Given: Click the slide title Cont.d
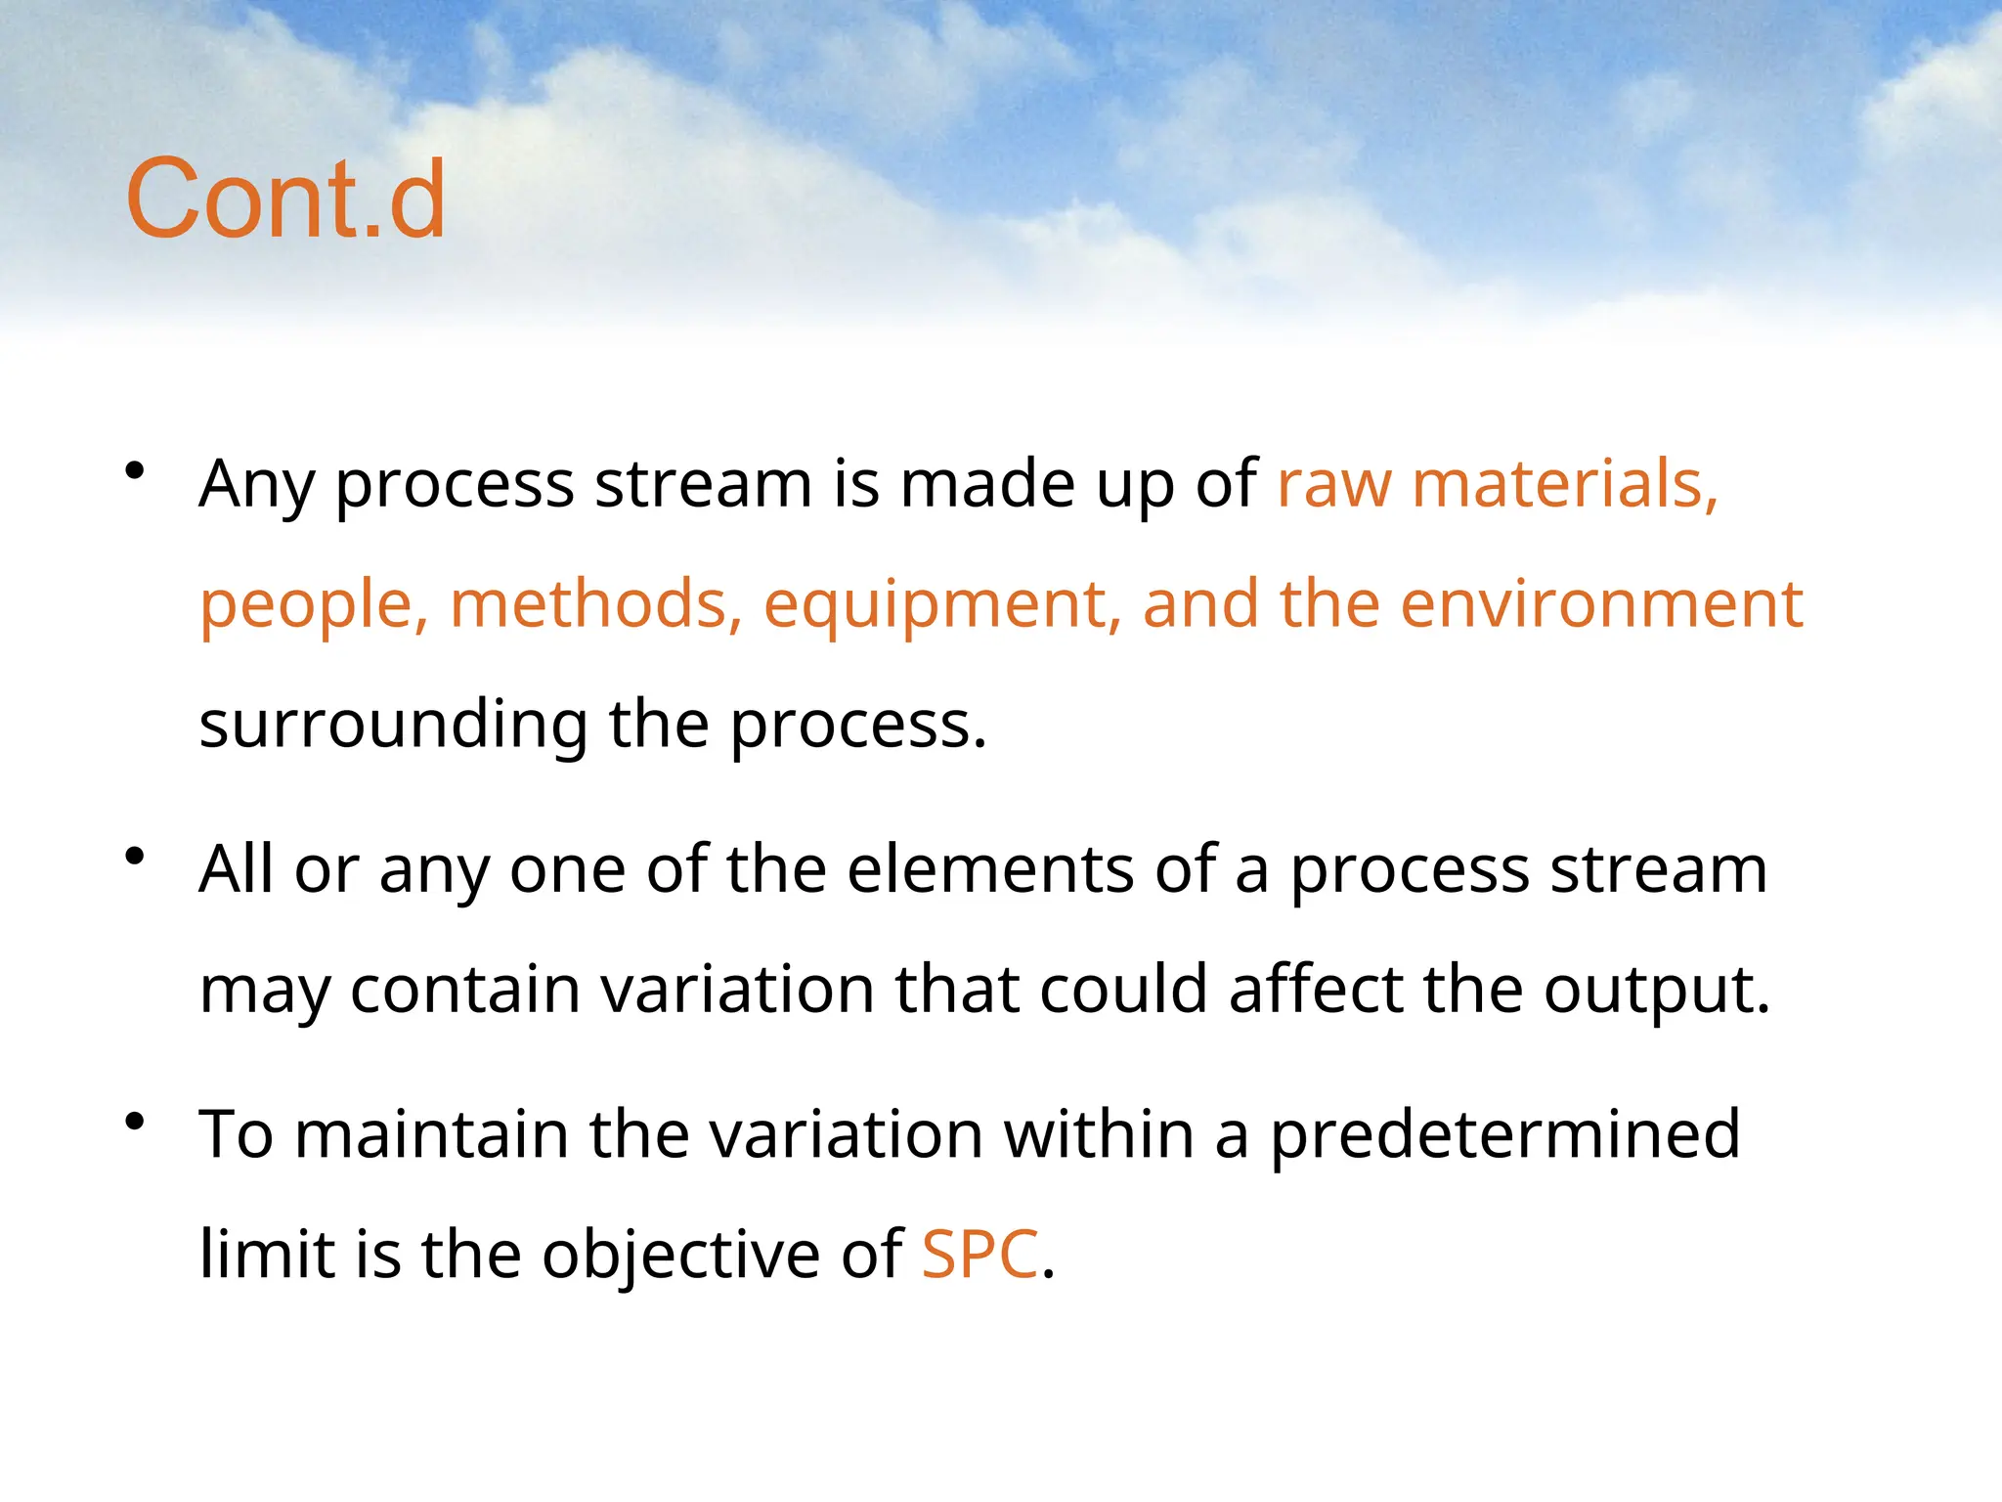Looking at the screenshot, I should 285,199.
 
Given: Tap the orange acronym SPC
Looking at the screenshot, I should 979,1254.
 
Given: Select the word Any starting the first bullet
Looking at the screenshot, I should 256,485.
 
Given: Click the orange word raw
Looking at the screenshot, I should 1333,485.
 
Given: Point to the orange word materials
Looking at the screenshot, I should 1564,483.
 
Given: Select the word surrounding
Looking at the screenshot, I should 393,726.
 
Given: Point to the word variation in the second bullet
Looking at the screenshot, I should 737,990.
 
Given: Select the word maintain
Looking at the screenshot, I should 431,1134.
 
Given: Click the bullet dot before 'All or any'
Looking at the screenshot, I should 135,858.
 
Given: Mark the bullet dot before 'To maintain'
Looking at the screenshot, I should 135,1122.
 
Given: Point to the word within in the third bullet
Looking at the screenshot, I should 1099,1134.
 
